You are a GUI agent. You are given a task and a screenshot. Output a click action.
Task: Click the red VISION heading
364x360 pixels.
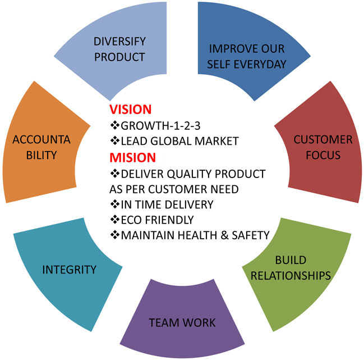[130, 110]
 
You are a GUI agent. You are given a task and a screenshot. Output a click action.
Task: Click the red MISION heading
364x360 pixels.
[132, 157]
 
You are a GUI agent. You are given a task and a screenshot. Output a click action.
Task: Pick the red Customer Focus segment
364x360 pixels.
[323, 147]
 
